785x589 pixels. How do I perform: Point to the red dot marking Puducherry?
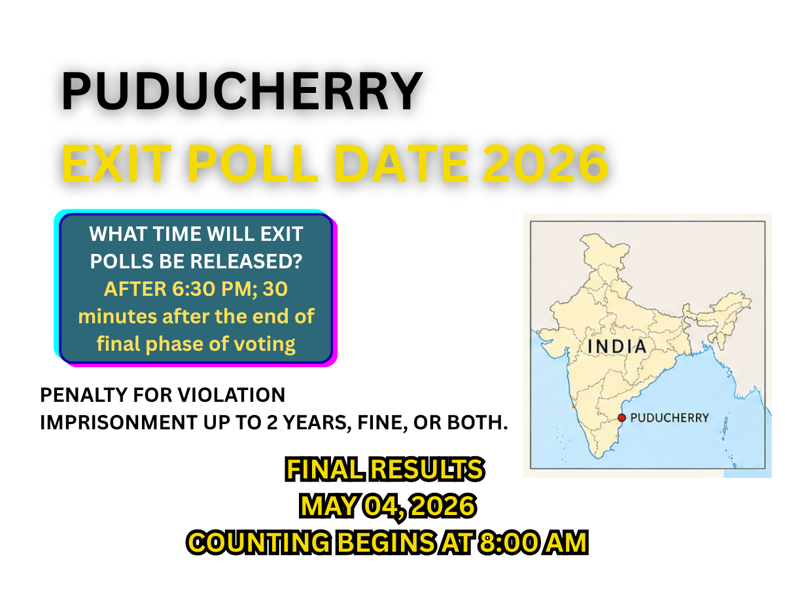pyautogui.click(x=621, y=418)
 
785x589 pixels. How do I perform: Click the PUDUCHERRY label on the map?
pyautogui.click(x=669, y=418)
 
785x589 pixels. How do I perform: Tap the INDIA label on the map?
pyautogui.click(x=617, y=346)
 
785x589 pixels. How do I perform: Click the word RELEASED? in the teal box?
pyautogui.click(x=245, y=261)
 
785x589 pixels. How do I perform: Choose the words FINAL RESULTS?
pyautogui.click(x=385, y=469)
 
